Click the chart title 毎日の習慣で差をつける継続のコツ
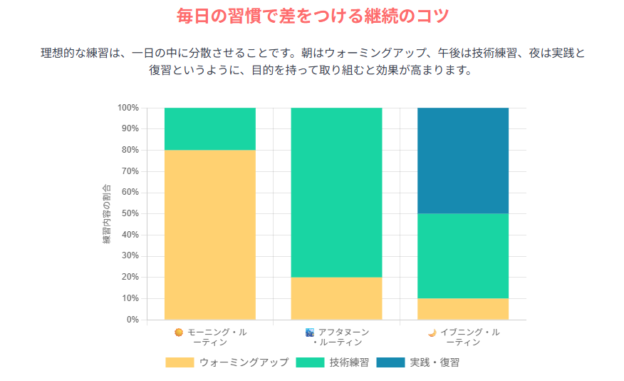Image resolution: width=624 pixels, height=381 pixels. pos(312,16)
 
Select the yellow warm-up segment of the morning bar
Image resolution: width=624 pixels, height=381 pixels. pos(210,234)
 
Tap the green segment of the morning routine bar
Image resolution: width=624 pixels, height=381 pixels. pos(210,128)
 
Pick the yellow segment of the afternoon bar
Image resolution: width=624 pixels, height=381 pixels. pos(336,298)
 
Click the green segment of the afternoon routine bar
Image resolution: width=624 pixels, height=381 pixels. pos(336,192)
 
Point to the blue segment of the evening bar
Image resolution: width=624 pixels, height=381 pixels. pos(462,161)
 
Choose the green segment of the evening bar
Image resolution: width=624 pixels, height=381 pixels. pos(462,255)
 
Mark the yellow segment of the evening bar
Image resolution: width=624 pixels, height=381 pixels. pos(462,308)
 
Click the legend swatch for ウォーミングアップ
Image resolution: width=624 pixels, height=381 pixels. pos(180,362)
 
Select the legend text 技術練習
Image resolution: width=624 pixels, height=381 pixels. pos(349,362)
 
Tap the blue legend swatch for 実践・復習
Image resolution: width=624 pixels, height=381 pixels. pos(390,362)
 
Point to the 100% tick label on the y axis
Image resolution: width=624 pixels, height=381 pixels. pos(128,108)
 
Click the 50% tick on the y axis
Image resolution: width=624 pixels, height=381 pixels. pos(130,213)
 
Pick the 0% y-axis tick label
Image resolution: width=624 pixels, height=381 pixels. pos(132,319)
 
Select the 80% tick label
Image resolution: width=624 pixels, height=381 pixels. pos(130,150)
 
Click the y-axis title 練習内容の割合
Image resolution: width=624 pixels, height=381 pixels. pos(107,214)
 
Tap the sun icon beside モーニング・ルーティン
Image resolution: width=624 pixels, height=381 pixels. pos(179,332)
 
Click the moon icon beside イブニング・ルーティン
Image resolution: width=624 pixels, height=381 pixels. pos(432,332)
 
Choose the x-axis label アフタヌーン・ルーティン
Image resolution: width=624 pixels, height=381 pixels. pos(343,337)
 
